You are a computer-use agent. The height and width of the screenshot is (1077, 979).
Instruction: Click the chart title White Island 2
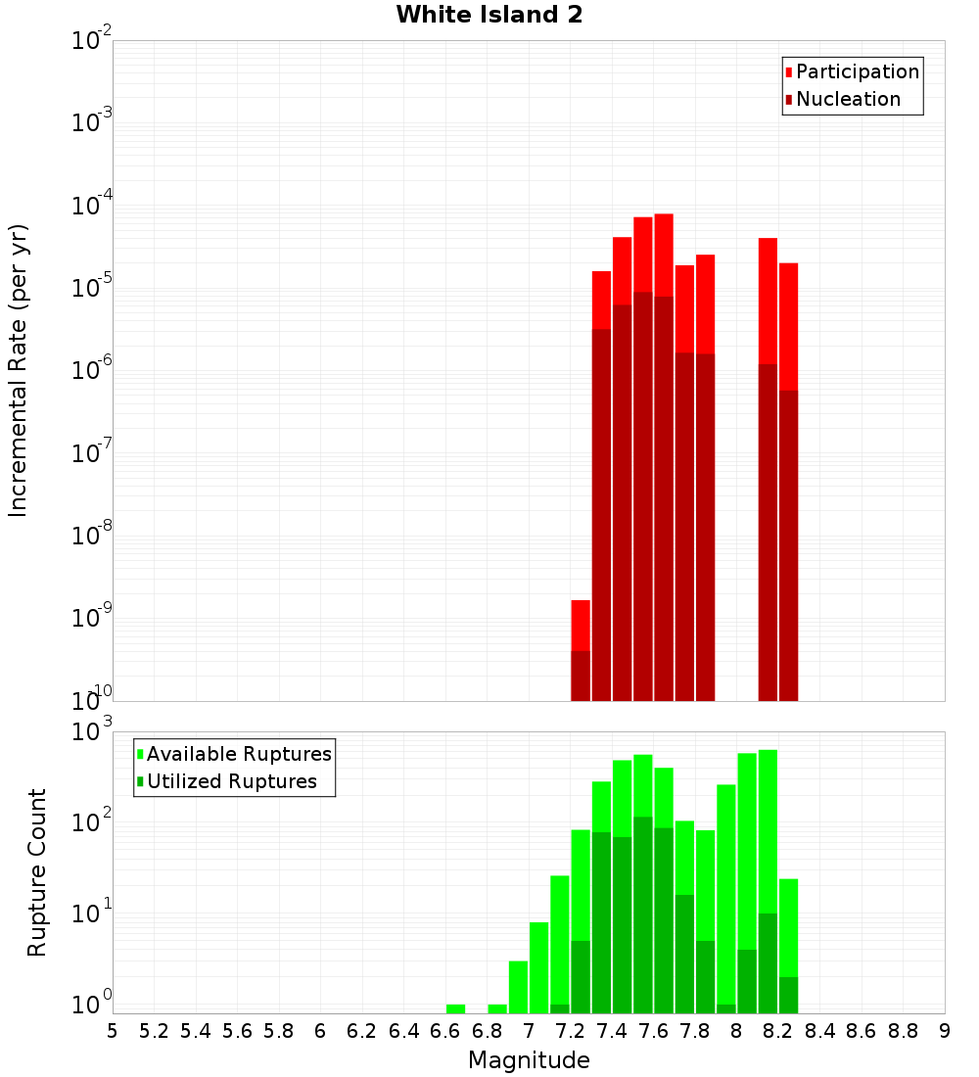[x=489, y=16]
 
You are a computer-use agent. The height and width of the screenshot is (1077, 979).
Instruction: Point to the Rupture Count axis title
[x=37, y=872]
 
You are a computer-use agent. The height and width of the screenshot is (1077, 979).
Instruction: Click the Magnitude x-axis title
[x=529, y=1060]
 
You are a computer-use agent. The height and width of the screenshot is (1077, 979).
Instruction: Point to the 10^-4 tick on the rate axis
[x=92, y=206]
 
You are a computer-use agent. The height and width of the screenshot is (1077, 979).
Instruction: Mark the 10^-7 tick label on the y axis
[x=92, y=453]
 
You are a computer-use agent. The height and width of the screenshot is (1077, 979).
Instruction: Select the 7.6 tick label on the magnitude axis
[x=653, y=1031]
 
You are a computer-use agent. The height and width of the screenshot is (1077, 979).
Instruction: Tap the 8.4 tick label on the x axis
[x=819, y=1031]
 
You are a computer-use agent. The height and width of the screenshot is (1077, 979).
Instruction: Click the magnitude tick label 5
[x=113, y=1031]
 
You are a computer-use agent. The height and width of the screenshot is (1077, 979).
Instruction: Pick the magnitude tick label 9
[x=944, y=1031]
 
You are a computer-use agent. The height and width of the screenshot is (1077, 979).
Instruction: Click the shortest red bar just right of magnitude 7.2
[x=581, y=651]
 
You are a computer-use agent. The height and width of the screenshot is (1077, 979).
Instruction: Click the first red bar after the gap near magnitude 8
[x=768, y=469]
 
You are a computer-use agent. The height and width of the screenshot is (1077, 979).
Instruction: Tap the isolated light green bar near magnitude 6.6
[x=455, y=1008]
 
